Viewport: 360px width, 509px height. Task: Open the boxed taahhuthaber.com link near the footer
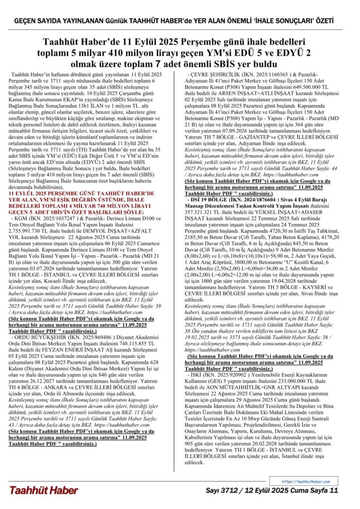(305, 481)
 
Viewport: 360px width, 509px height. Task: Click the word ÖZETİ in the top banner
(322, 22)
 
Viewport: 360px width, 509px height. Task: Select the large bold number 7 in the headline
(156, 64)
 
